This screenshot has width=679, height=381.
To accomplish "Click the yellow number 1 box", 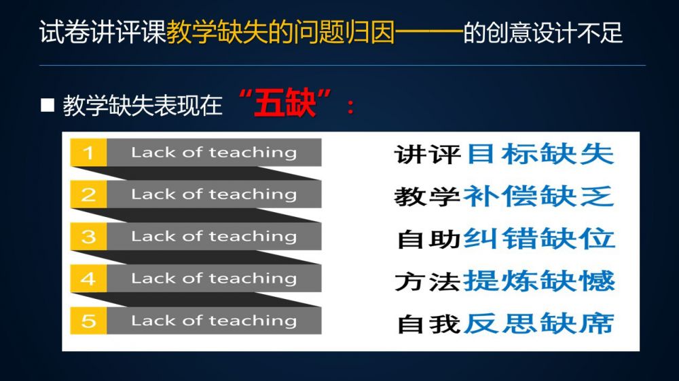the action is [x=88, y=153].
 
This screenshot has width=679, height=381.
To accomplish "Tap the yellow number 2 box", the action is [x=88, y=194].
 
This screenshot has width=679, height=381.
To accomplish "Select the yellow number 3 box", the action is [x=88, y=236].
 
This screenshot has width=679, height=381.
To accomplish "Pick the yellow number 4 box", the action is [x=88, y=278].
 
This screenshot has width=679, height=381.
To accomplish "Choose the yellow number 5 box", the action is [x=88, y=321].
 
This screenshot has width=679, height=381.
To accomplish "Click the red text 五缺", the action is [x=285, y=103].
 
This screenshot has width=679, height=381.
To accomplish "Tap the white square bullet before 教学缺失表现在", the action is [x=48, y=105].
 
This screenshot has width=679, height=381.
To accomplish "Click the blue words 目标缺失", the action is [x=541, y=154].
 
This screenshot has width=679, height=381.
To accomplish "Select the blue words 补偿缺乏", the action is [x=538, y=197].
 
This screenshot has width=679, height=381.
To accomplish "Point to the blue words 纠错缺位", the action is [x=539, y=238].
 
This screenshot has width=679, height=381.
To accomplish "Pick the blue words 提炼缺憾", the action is [x=539, y=281].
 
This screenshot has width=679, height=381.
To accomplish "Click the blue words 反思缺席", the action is [x=539, y=323].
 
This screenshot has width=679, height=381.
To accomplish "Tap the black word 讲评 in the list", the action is [x=427, y=155].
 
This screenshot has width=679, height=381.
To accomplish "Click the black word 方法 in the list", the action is [x=427, y=281].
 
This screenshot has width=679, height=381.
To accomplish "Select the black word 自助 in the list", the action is [x=428, y=239].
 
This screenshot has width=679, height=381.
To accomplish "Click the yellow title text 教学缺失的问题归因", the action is [x=280, y=33].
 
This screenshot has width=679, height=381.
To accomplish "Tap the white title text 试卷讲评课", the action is [x=103, y=33].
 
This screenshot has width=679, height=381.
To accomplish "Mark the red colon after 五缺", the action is [x=351, y=106].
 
